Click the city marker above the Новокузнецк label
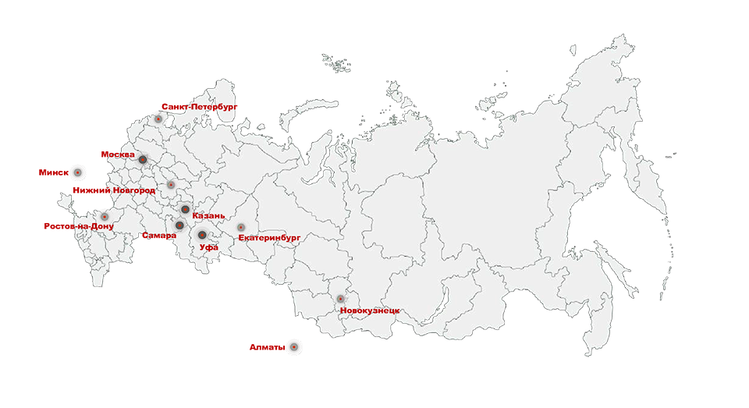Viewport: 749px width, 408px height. click(340, 299)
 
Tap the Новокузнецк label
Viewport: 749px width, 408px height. click(370, 310)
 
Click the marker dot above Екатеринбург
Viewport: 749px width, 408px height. click(241, 227)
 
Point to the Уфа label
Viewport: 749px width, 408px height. click(208, 247)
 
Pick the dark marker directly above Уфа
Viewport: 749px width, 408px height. click(201, 234)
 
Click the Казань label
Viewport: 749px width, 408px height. click(208, 215)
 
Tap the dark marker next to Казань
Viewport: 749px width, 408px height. click(184, 209)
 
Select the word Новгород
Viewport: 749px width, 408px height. click(133, 190)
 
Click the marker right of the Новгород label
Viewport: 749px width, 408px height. click(171, 185)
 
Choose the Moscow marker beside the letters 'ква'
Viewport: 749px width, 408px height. click(144, 160)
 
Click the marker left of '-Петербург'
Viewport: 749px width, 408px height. click(158, 119)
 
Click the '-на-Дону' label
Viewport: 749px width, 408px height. click(94, 226)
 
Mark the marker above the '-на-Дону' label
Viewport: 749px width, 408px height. click(105, 216)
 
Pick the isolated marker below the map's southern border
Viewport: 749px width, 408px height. click(293, 346)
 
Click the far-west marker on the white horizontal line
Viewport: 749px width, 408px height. click(76, 172)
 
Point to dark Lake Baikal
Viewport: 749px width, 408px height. click(446, 299)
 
